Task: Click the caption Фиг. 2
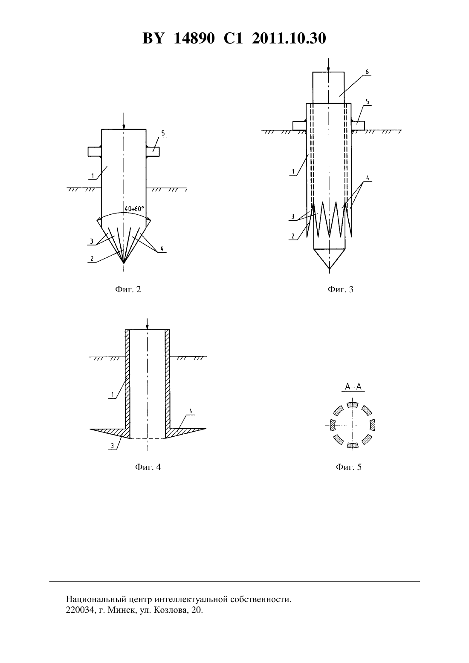[x=128, y=289]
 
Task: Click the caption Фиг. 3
[x=341, y=289]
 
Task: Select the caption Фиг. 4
[x=148, y=467]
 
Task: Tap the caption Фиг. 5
[x=348, y=467]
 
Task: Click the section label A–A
[x=353, y=386]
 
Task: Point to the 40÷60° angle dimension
[x=134, y=209]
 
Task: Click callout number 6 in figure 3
[x=367, y=72]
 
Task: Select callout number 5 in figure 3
[x=368, y=102]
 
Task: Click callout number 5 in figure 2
[x=163, y=133]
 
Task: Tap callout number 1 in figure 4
[x=113, y=395]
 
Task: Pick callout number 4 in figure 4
[x=191, y=411]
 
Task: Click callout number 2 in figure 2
[x=92, y=259]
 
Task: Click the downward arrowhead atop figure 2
[x=124, y=127]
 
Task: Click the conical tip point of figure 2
[x=124, y=263]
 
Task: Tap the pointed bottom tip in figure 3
[x=329, y=269]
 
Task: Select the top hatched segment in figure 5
[x=352, y=405]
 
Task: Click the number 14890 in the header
[x=194, y=38]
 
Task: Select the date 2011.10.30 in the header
[x=289, y=38]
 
